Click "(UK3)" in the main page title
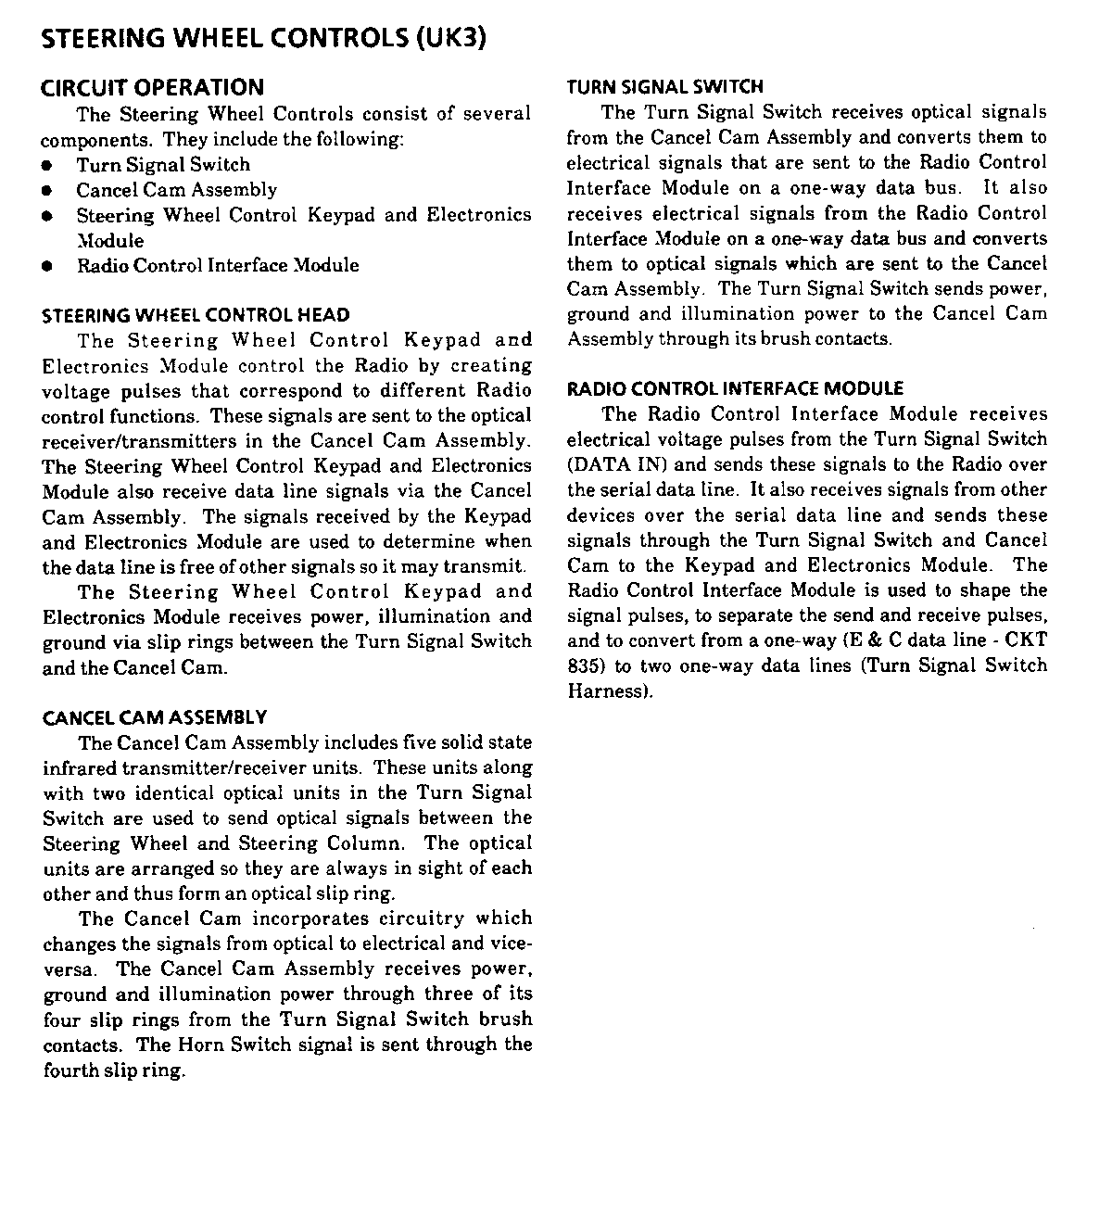tap(450, 39)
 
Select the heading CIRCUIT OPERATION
tap(153, 87)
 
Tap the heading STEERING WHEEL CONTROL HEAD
tap(196, 315)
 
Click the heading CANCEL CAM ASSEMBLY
tap(155, 717)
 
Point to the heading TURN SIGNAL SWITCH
tap(665, 87)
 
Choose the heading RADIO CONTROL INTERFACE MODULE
tap(735, 388)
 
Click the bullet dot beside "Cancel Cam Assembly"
tap(46, 191)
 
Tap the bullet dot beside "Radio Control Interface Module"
tap(46, 266)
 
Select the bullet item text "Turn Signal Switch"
tap(163, 165)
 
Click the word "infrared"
tap(80, 767)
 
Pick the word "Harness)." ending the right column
tap(611, 691)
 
